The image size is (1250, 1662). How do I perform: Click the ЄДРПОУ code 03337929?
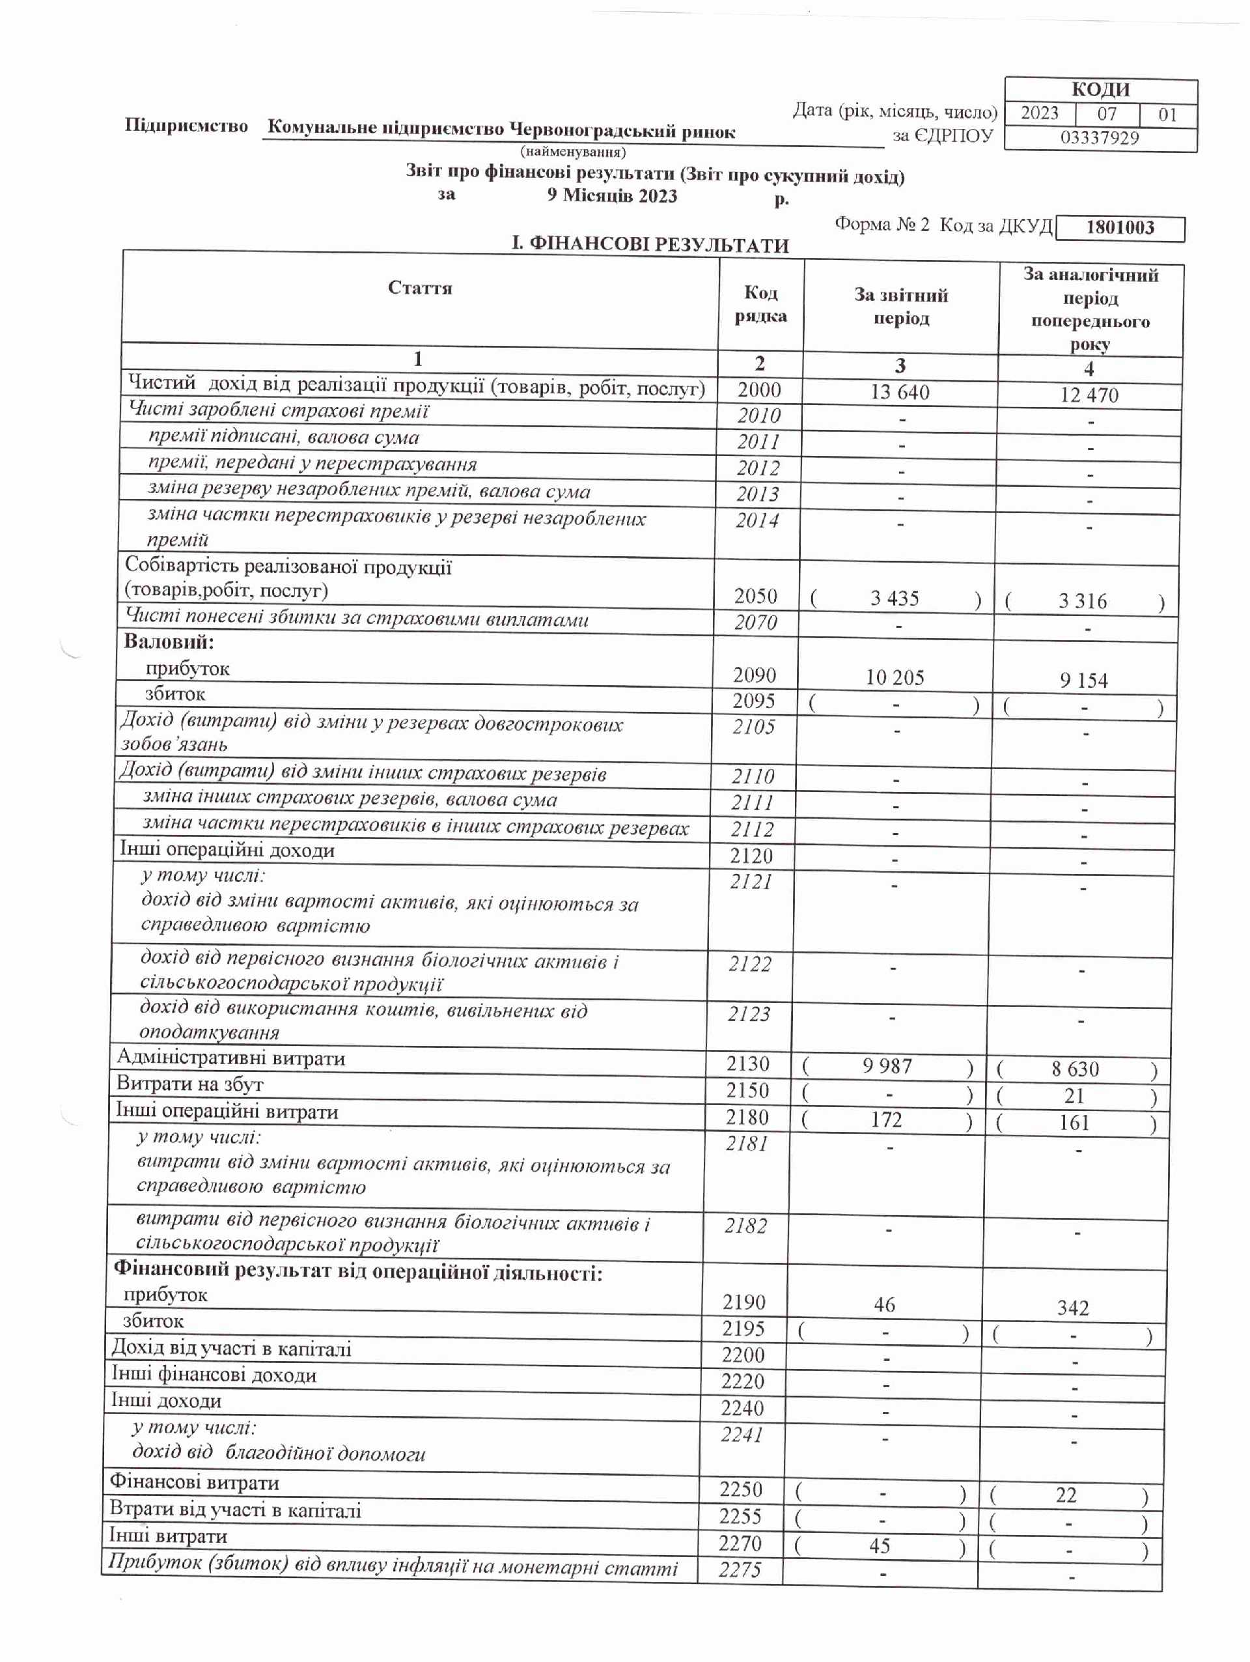(1099, 138)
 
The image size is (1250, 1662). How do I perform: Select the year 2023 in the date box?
(1039, 113)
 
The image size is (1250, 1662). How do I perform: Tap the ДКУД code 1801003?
(1119, 228)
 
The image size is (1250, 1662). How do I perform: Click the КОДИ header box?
(1100, 90)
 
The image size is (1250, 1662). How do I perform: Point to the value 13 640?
(899, 392)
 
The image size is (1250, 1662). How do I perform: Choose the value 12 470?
(1089, 395)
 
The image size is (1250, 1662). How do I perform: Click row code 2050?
(755, 596)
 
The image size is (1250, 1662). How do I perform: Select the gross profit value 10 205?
(894, 678)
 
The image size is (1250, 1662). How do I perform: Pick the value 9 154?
(1083, 681)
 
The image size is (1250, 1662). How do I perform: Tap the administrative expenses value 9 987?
(887, 1066)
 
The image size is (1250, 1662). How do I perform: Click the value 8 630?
(1075, 1069)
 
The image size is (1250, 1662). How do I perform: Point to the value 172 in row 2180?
(885, 1120)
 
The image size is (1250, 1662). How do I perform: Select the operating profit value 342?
(1072, 1308)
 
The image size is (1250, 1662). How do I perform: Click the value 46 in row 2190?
(884, 1305)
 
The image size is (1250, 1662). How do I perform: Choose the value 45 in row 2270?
(879, 1546)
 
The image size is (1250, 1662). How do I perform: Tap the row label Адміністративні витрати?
(230, 1059)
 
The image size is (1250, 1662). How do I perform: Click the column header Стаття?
(420, 289)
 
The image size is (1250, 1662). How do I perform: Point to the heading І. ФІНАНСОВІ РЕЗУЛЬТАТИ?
(650, 245)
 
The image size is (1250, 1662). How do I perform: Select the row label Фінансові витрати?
(194, 1483)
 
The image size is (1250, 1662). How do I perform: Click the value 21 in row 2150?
(1074, 1096)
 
